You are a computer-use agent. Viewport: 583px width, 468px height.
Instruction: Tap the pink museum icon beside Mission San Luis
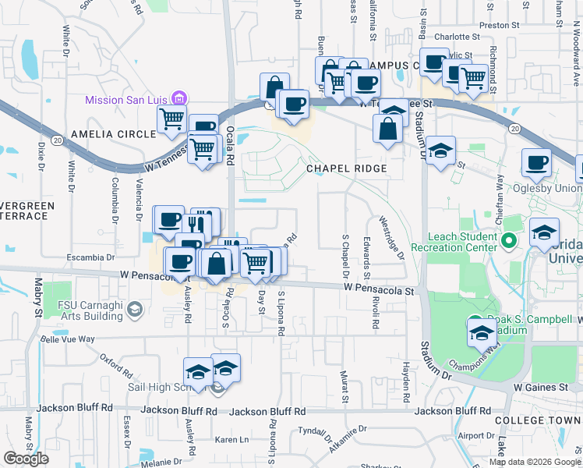(x=180, y=99)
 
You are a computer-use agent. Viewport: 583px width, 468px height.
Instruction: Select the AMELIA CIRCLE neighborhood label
(x=114, y=134)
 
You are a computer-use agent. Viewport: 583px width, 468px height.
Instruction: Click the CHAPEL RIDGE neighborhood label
(x=346, y=168)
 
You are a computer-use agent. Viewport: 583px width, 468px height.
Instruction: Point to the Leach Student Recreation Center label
(x=462, y=242)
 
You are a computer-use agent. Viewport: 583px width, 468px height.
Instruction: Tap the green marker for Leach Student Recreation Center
(x=510, y=241)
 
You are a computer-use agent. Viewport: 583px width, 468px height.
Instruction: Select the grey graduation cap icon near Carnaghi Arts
(x=135, y=310)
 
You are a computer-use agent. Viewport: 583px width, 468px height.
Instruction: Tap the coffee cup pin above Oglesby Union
(x=536, y=162)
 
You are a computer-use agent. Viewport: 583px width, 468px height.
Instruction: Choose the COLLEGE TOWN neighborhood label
(x=538, y=420)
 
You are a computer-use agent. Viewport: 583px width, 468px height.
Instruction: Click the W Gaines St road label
(x=540, y=387)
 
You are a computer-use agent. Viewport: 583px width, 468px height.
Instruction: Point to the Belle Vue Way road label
(x=67, y=339)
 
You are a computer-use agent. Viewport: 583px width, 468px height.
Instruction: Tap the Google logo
(x=26, y=459)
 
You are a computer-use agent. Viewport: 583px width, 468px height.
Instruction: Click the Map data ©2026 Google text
(x=534, y=462)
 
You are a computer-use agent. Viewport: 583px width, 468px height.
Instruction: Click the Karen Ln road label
(x=231, y=439)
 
